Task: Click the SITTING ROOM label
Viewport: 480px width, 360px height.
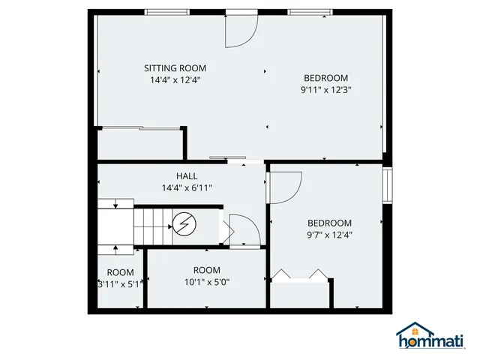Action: click(175, 68)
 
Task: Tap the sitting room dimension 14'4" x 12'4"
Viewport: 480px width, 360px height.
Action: click(175, 79)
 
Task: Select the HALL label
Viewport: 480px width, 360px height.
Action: click(187, 176)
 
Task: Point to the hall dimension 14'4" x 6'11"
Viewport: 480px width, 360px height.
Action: click(187, 187)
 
